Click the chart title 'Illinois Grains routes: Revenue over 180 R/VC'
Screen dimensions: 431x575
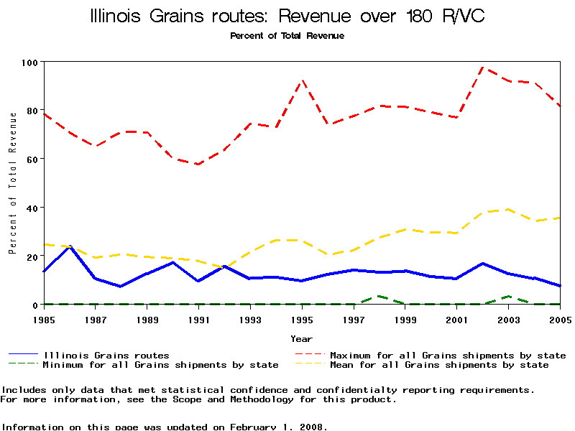[x=287, y=17]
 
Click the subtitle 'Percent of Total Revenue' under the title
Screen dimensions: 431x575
[x=287, y=35]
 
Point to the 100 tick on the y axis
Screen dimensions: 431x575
[x=29, y=62]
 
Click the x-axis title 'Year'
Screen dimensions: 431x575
[x=301, y=338]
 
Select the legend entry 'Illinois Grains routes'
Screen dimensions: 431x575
[x=106, y=355]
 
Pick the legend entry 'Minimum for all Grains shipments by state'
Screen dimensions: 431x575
[x=160, y=365]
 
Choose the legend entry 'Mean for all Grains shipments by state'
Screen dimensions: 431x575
[x=438, y=365]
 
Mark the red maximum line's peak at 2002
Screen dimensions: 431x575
[x=482, y=68]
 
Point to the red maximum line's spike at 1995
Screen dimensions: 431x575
[x=302, y=81]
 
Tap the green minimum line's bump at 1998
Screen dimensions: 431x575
[x=379, y=296]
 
